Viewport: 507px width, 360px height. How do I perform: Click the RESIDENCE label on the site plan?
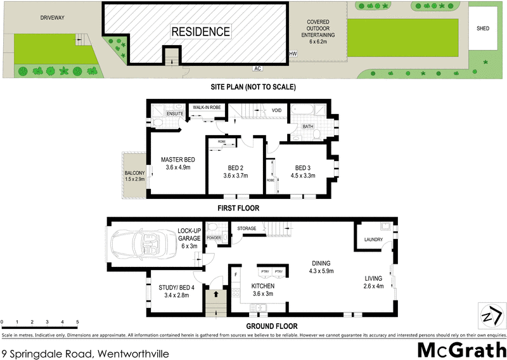(x=200, y=31)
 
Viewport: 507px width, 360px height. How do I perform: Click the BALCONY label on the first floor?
(x=135, y=174)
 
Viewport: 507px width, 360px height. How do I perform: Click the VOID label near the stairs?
(x=276, y=110)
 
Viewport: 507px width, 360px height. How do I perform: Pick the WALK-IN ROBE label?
(x=207, y=107)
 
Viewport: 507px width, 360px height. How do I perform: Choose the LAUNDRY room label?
(x=373, y=239)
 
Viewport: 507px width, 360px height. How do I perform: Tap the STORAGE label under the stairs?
(x=246, y=228)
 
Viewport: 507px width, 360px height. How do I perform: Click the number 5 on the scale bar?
(x=77, y=323)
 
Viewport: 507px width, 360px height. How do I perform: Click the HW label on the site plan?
(x=293, y=55)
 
